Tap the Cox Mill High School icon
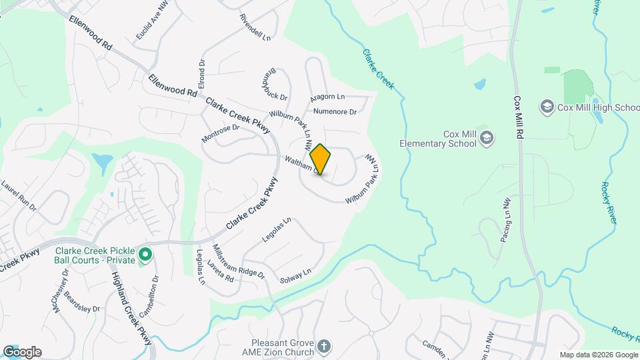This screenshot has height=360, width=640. point(547,107)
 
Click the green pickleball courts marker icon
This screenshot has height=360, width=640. point(145,255)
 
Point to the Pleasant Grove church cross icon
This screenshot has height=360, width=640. point(323,346)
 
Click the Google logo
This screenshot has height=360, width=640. point(22,352)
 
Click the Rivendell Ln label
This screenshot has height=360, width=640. point(255,27)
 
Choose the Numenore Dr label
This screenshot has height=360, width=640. point(335,111)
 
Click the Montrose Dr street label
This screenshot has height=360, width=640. point(220,133)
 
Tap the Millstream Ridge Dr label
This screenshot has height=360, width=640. point(238,261)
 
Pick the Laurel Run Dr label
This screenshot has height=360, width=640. point(18,194)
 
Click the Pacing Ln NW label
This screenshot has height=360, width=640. point(505,219)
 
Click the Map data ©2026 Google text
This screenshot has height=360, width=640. point(598,355)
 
